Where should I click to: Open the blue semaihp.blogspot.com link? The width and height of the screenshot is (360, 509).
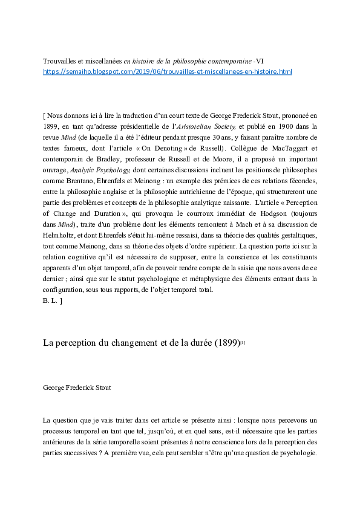click(168, 71)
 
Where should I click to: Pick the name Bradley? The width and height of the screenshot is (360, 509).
click(102, 158)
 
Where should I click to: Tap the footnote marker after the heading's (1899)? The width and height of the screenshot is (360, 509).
click(243, 342)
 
